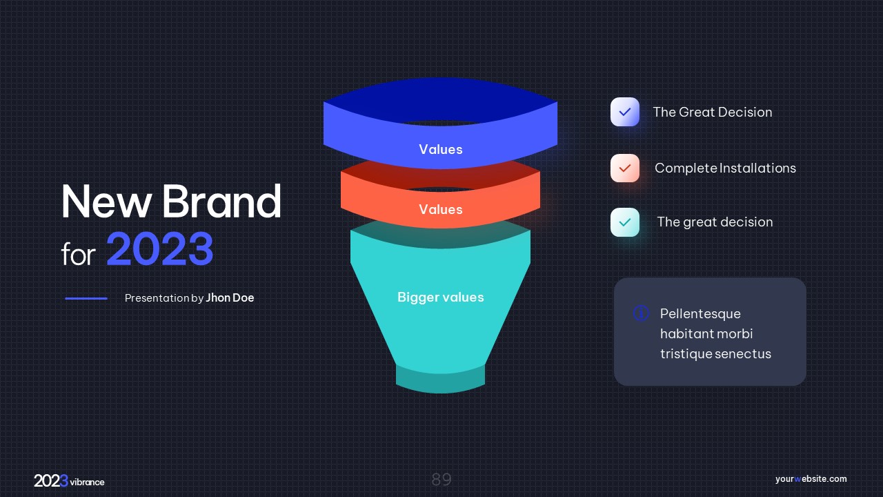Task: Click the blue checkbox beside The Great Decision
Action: tap(625, 112)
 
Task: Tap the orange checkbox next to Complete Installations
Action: tap(625, 168)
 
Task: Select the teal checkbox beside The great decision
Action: tap(625, 222)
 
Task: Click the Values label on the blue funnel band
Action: tap(441, 150)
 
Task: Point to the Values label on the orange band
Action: tap(441, 209)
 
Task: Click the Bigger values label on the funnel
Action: tap(441, 297)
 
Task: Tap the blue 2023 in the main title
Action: tap(160, 249)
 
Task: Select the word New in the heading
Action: tap(106, 202)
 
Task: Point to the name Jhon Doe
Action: tap(230, 298)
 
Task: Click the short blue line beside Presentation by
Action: tap(86, 298)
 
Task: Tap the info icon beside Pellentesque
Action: tap(641, 313)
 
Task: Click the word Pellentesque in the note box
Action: tap(700, 314)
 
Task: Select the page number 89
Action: tap(441, 480)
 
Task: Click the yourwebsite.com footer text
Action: tap(811, 479)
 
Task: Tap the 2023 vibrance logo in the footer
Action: tap(70, 481)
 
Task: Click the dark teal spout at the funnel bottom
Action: tap(440, 380)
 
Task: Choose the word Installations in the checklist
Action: tap(757, 168)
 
